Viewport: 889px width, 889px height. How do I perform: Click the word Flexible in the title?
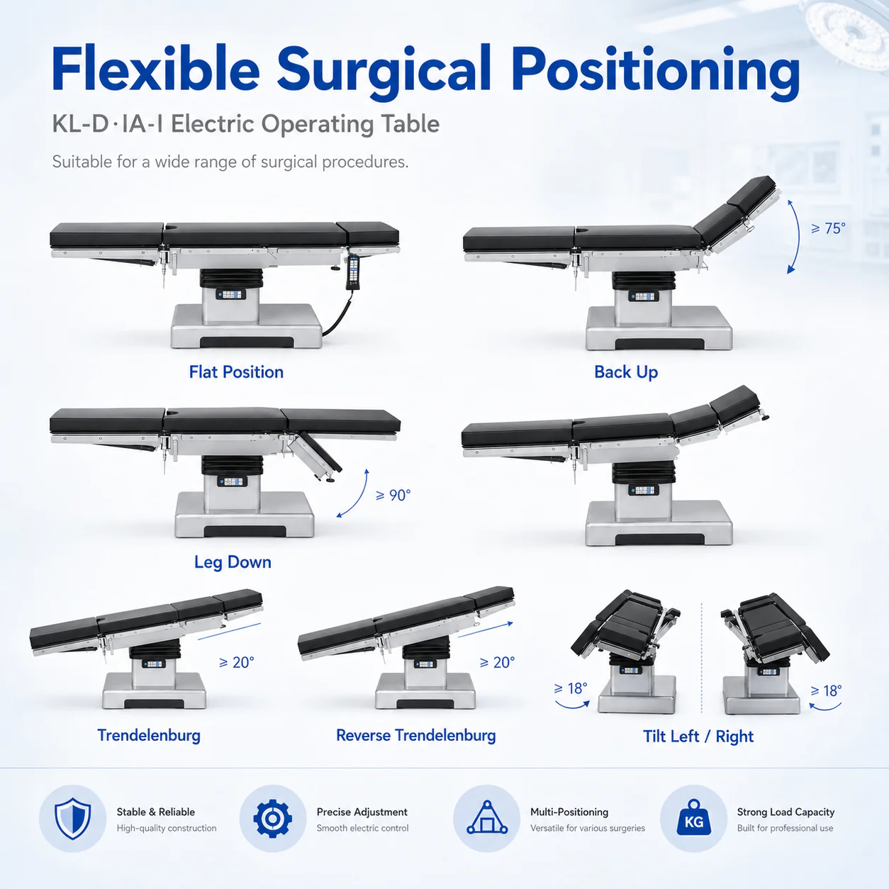pyautogui.click(x=155, y=68)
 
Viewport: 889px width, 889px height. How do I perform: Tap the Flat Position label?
pyautogui.click(x=236, y=372)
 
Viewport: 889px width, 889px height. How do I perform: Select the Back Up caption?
pyautogui.click(x=626, y=372)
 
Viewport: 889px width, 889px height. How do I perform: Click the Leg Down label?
pyautogui.click(x=233, y=562)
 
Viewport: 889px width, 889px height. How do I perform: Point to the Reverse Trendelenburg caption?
pyautogui.click(x=415, y=735)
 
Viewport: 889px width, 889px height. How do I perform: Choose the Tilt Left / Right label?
pyautogui.click(x=698, y=736)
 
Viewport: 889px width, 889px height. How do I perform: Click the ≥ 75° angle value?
pyautogui.click(x=828, y=228)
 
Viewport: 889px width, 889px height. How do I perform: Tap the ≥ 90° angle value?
pyautogui.click(x=393, y=495)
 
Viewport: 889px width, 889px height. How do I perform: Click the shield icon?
pyautogui.click(x=72, y=819)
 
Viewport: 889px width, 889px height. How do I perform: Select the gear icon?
pyautogui.click(x=273, y=819)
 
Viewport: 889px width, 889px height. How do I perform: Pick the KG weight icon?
pyautogui.click(x=694, y=818)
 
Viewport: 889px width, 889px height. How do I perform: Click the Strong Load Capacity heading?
pyautogui.click(x=785, y=812)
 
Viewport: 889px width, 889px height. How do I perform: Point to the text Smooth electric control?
pyautogui.click(x=362, y=828)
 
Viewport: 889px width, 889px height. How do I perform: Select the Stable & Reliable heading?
pyautogui.click(x=155, y=812)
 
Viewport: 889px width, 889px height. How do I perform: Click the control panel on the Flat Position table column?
pyautogui.click(x=231, y=294)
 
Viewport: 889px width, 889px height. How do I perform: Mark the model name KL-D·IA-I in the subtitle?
pyautogui.click(x=108, y=124)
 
